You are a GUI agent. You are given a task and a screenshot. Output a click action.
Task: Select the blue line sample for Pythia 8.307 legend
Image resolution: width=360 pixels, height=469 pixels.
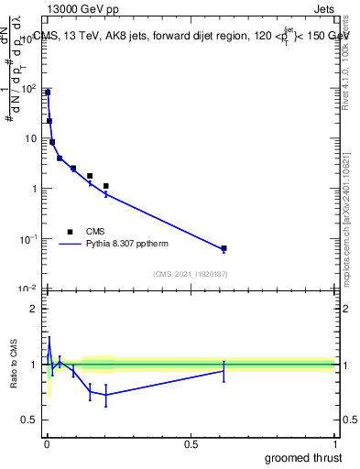(x=70, y=245)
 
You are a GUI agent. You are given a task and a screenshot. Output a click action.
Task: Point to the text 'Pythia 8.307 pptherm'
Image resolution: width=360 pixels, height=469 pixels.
(x=127, y=245)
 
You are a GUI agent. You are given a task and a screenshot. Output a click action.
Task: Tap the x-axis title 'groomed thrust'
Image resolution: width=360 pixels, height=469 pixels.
(x=303, y=457)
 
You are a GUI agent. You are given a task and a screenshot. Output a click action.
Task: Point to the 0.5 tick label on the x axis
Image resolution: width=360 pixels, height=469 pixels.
(x=191, y=443)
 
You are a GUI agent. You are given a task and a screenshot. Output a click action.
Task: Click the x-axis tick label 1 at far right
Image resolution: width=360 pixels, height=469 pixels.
(x=334, y=443)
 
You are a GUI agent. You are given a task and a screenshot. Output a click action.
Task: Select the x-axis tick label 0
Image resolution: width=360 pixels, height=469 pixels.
(x=47, y=443)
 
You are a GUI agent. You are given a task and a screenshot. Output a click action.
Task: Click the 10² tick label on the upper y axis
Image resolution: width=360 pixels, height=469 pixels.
(x=28, y=89)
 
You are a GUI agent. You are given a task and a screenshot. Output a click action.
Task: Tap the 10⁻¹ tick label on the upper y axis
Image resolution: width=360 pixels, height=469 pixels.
(x=28, y=239)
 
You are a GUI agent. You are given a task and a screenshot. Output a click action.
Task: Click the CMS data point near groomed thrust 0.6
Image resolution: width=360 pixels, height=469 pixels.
(x=224, y=248)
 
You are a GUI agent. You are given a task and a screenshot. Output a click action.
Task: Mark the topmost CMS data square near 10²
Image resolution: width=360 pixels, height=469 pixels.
(x=48, y=93)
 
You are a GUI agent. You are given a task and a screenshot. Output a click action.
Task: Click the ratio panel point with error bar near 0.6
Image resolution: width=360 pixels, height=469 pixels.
(x=224, y=370)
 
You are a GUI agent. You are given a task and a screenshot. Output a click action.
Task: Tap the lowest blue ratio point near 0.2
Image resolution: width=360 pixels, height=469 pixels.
(x=106, y=395)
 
